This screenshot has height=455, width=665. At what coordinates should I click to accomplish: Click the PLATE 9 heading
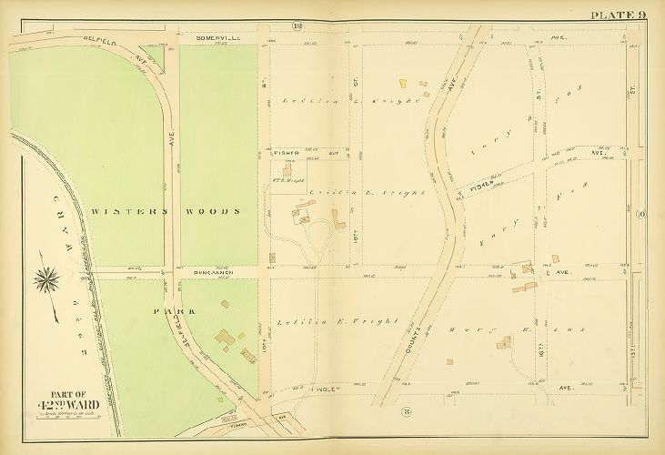(619, 14)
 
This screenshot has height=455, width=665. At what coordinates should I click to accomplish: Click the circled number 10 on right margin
(641, 215)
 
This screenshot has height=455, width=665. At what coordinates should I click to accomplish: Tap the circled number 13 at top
(297, 25)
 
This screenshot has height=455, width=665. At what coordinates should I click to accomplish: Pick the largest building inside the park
(224, 339)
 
